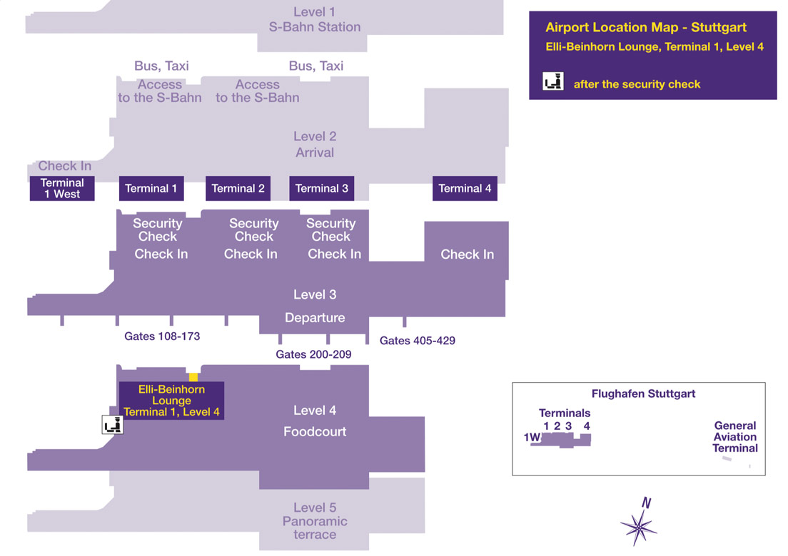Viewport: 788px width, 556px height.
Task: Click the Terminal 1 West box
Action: tap(62, 188)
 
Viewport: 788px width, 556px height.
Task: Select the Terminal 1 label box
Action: tap(151, 188)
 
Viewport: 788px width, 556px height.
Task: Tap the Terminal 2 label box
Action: tap(238, 188)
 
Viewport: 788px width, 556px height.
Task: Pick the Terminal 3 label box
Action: tap(322, 188)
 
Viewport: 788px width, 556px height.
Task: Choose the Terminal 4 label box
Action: tap(465, 188)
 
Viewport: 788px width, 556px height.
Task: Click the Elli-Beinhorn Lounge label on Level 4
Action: tap(171, 401)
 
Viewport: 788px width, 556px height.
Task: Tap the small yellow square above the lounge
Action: tap(193, 377)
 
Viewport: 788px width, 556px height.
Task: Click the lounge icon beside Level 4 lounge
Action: tap(113, 425)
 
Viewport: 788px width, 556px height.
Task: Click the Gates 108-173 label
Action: tap(162, 336)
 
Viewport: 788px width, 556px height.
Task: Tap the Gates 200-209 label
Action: tap(313, 354)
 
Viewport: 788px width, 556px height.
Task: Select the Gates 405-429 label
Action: tap(418, 341)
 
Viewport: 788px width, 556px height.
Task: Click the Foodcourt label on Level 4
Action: tap(315, 431)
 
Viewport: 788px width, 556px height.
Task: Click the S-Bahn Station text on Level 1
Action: tap(315, 27)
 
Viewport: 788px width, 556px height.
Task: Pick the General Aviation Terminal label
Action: tap(735, 437)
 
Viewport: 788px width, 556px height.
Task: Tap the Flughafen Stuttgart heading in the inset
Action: tap(643, 393)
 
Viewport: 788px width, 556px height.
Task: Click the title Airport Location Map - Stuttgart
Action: tap(646, 28)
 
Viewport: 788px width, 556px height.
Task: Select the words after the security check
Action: tap(637, 84)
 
